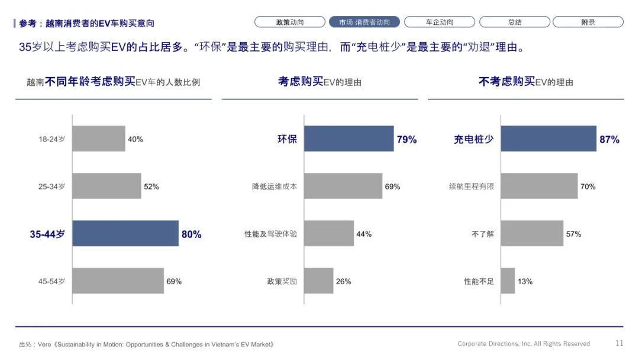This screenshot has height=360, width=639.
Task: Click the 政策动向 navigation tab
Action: [x=290, y=22]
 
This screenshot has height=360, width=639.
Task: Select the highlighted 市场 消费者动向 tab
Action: [x=364, y=22]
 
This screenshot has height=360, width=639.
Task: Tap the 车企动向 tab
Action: [x=439, y=22]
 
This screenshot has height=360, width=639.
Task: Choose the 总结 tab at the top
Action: [x=515, y=22]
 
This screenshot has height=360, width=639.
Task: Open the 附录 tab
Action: [x=588, y=22]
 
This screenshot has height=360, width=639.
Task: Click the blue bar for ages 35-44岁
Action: [x=125, y=233]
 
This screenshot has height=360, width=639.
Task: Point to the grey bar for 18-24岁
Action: [x=99, y=139]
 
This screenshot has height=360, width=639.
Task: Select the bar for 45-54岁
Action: [x=118, y=281]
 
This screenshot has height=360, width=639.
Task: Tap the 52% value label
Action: [x=151, y=187]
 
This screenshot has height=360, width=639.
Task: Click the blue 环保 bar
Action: [x=349, y=139]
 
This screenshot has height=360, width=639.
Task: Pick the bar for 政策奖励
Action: [x=319, y=281]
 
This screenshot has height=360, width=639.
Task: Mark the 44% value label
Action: [x=364, y=234]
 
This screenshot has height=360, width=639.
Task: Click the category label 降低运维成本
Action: [x=275, y=187]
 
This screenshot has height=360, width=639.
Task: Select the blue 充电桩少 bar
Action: [x=548, y=139]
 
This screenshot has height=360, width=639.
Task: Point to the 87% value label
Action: [x=609, y=140]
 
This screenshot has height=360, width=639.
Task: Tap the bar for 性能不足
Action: [x=508, y=281]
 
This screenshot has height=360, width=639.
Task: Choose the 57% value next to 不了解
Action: [x=573, y=234]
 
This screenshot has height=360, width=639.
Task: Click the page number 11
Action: [x=619, y=343]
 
